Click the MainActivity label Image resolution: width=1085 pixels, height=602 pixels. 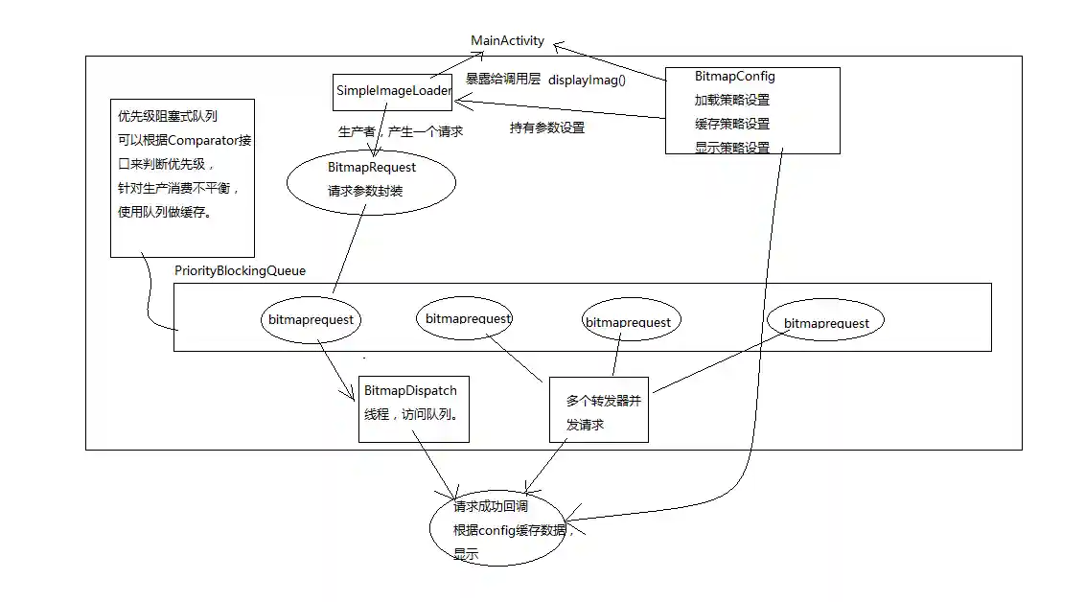[x=507, y=41]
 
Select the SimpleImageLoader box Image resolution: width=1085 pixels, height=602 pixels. [x=393, y=91]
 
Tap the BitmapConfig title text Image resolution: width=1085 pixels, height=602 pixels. [x=734, y=77]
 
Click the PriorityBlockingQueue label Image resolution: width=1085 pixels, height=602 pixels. [x=240, y=271]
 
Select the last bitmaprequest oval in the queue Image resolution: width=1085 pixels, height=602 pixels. [x=825, y=323]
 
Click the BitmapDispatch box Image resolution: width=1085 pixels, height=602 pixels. [x=413, y=408]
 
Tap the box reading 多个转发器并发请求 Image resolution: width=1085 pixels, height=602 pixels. [x=598, y=411]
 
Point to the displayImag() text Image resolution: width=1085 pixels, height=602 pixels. [x=587, y=80]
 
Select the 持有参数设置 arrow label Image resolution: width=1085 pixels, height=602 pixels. [x=546, y=127]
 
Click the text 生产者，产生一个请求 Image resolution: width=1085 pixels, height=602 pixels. [x=400, y=131]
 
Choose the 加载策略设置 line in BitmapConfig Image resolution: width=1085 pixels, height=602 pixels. [x=731, y=100]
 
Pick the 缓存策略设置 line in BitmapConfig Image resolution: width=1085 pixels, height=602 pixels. [x=731, y=124]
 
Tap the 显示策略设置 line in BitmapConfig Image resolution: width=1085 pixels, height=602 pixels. [x=731, y=148]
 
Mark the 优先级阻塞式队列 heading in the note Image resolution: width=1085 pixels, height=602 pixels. [x=167, y=116]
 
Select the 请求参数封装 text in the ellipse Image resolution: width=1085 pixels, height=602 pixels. [x=364, y=191]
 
